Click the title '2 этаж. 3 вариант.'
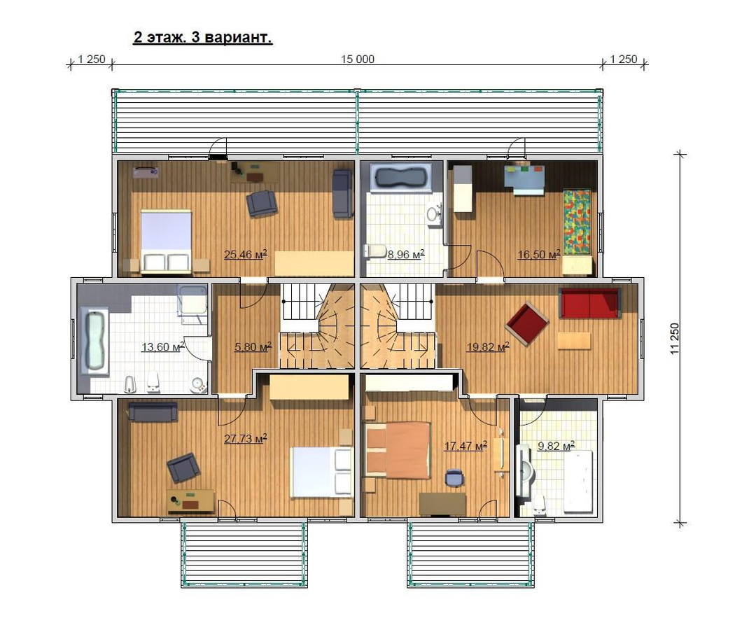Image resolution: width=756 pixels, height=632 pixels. click(202, 38)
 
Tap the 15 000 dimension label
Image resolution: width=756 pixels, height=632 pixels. click(357, 59)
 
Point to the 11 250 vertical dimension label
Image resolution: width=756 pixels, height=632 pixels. click(674, 339)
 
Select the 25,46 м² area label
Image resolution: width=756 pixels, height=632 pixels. click(246, 254)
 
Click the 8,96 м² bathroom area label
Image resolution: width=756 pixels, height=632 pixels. click(406, 254)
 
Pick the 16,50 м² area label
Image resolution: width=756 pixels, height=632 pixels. click(539, 254)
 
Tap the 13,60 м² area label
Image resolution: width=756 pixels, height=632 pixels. click(162, 346)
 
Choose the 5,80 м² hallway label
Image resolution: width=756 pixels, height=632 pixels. click(253, 346)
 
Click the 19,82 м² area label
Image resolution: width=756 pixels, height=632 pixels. click(488, 346)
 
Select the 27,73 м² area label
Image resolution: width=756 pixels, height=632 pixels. click(246, 439)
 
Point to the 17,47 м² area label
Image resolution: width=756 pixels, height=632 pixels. click(465, 446)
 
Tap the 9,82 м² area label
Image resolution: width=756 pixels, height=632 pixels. click(556, 446)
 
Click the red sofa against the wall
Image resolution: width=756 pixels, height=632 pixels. click(590, 303)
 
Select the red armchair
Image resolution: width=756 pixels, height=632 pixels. click(527, 324)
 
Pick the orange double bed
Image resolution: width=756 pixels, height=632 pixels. click(398, 450)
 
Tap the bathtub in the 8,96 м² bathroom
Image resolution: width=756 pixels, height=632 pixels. click(402, 178)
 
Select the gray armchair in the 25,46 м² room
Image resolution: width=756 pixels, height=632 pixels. click(262, 203)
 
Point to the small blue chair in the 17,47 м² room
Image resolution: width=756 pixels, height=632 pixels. click(455, 477)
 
